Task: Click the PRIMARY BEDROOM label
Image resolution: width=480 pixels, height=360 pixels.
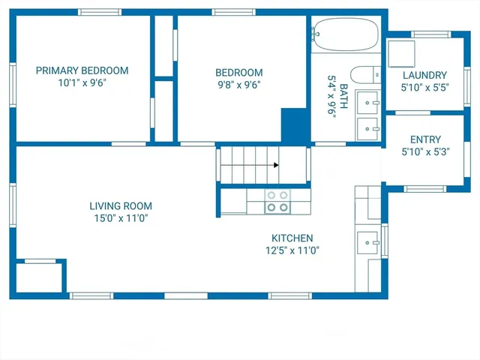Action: [82, 70]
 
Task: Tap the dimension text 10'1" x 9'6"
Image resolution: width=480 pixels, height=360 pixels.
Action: [82, 83]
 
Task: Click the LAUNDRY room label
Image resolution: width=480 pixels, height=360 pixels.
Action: [424, 75]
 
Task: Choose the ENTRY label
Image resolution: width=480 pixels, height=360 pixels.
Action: [425, 139]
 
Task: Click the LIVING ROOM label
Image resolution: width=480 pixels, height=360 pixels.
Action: [121, 205]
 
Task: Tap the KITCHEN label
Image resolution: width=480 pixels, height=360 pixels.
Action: [292, 237]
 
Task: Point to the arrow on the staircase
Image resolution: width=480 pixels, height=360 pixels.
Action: [276, 165]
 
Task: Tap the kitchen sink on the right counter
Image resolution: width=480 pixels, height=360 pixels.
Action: [367, 241]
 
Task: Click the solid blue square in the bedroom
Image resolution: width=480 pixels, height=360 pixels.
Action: [295, 125]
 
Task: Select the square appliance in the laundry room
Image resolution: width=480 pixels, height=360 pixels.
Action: [400, 53]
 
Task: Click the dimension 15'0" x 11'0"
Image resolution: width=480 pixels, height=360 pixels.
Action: [121, 218]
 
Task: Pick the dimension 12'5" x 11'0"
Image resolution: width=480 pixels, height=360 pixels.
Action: [292, 250]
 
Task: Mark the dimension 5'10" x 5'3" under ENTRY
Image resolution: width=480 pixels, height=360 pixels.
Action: [425, 152]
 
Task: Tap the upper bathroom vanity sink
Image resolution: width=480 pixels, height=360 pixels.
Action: [367, 100]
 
